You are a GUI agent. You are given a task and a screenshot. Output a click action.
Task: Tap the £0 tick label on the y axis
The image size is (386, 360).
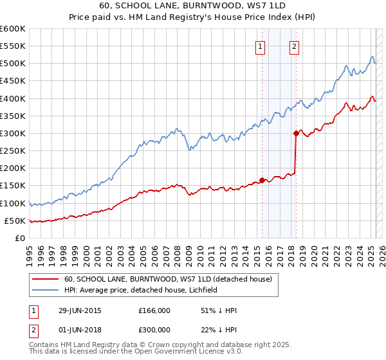(19, 238)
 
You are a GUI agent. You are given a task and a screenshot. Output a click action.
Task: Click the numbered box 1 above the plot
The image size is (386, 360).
(261, 46)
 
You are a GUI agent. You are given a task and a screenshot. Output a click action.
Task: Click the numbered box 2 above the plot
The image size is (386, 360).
(294, 46)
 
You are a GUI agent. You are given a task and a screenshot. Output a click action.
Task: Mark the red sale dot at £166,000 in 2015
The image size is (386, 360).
(262, 180)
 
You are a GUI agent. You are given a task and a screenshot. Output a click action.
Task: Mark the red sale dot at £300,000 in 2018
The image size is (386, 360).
(295, 133)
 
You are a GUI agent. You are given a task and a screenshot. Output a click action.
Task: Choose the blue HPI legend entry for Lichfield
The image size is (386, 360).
(141, 290)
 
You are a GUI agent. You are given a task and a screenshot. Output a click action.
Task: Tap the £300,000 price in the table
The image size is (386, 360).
(154, 330)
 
